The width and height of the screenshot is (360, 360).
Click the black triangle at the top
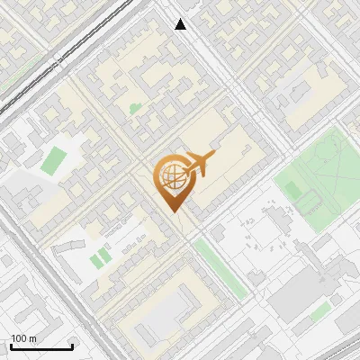[x=181, y=24]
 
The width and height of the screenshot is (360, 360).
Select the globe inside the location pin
[x=171, y=177]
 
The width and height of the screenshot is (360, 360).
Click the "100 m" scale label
[x=23, y=338]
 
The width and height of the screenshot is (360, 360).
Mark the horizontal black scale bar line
[x=41, y=346]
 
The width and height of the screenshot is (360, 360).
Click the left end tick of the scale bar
[x=11, y=345]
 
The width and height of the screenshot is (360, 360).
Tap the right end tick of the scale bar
[x=72, y=345]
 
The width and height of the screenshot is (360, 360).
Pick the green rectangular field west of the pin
[x=54, y=160]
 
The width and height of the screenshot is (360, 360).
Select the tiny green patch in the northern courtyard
[x=135, y=109]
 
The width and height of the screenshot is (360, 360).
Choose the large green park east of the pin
[x=319, y=171]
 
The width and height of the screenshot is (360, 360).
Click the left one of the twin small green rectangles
[x=94, y=260]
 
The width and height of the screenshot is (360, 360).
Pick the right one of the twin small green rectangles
[x=104, y=255]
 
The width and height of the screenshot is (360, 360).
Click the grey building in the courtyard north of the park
[x=306, y=90]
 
